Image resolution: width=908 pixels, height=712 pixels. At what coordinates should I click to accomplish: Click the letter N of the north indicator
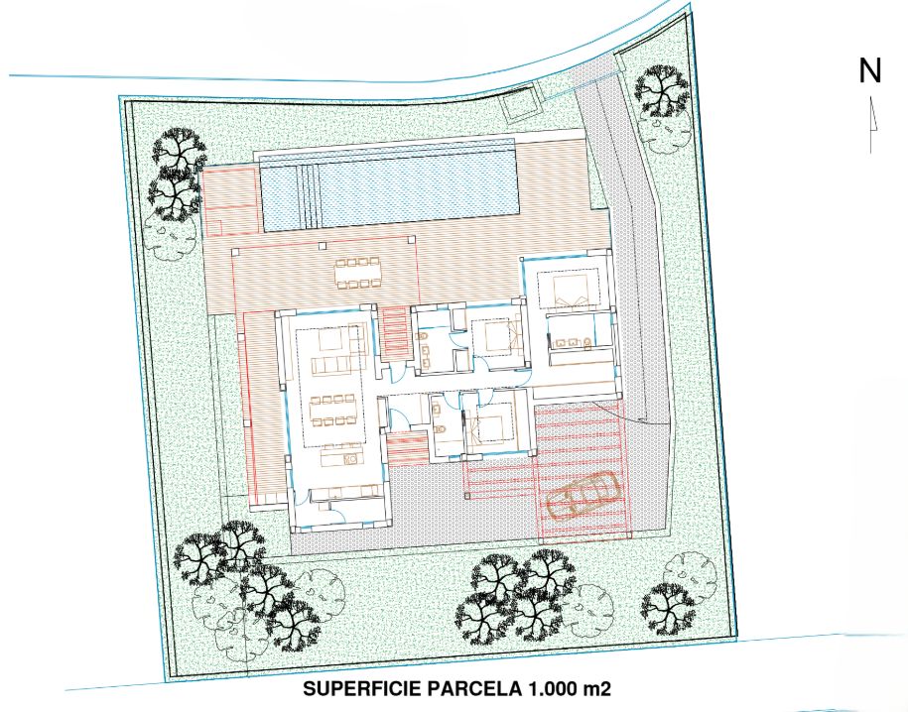(869, 70)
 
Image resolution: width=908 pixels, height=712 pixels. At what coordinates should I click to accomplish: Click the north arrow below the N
(872, 125)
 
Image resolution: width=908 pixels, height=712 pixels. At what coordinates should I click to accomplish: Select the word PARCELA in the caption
(474, 689)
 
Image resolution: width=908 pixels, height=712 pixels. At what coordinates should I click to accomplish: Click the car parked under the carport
(583, 496)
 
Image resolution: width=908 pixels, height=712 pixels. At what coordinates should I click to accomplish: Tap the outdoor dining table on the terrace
(359, 274)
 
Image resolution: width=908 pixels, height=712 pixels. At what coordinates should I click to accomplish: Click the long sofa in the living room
(331, 365)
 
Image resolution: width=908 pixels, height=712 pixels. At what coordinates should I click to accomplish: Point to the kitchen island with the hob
(340, 457)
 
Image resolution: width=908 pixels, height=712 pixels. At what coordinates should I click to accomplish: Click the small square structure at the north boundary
(519, 105)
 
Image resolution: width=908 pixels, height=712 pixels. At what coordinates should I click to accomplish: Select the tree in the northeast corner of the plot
(662, 91)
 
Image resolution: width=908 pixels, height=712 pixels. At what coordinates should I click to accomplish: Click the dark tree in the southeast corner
(668, 607)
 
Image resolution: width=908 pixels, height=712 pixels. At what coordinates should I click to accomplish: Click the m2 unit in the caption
(597, 689)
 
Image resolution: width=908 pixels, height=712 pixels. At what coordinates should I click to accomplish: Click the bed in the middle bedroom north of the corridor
(496, 336)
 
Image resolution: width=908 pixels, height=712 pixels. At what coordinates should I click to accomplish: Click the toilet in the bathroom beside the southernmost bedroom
(440, 429)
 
